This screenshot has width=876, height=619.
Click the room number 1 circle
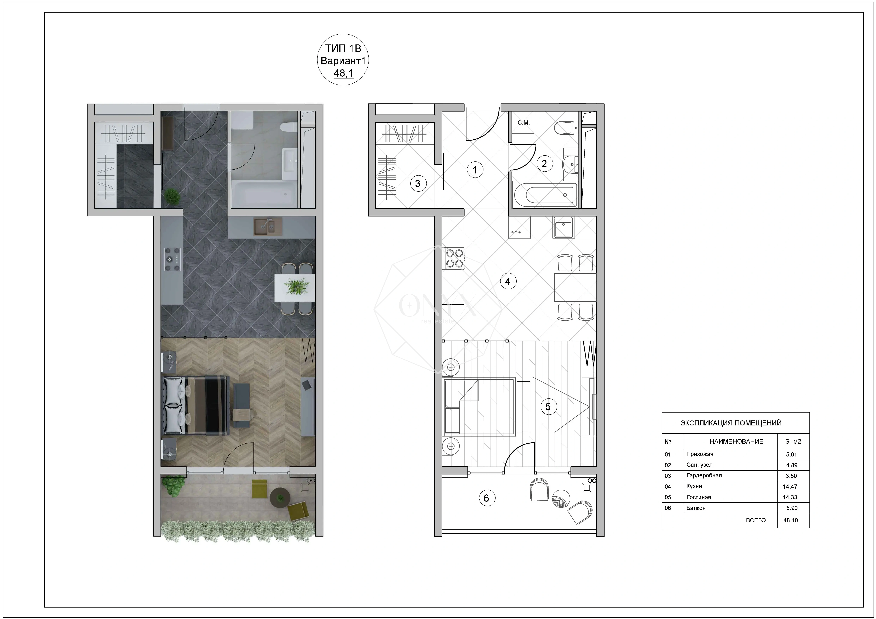pyautogui.click(x=475, y=170)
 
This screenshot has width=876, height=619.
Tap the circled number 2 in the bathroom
pyautogui.click(x=544, y=164)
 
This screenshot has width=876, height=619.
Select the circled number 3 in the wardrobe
pyautogui.click(x=418, y=184)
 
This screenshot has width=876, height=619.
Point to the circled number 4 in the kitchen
pyautogui.click(x=507, y=281)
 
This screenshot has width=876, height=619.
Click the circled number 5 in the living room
pyautogui.click(x=548, y=407)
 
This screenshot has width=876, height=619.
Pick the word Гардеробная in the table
pyautogui.click(x=704, y=476)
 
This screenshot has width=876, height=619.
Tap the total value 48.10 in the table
pyautogui.click(x=791, y=520)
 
